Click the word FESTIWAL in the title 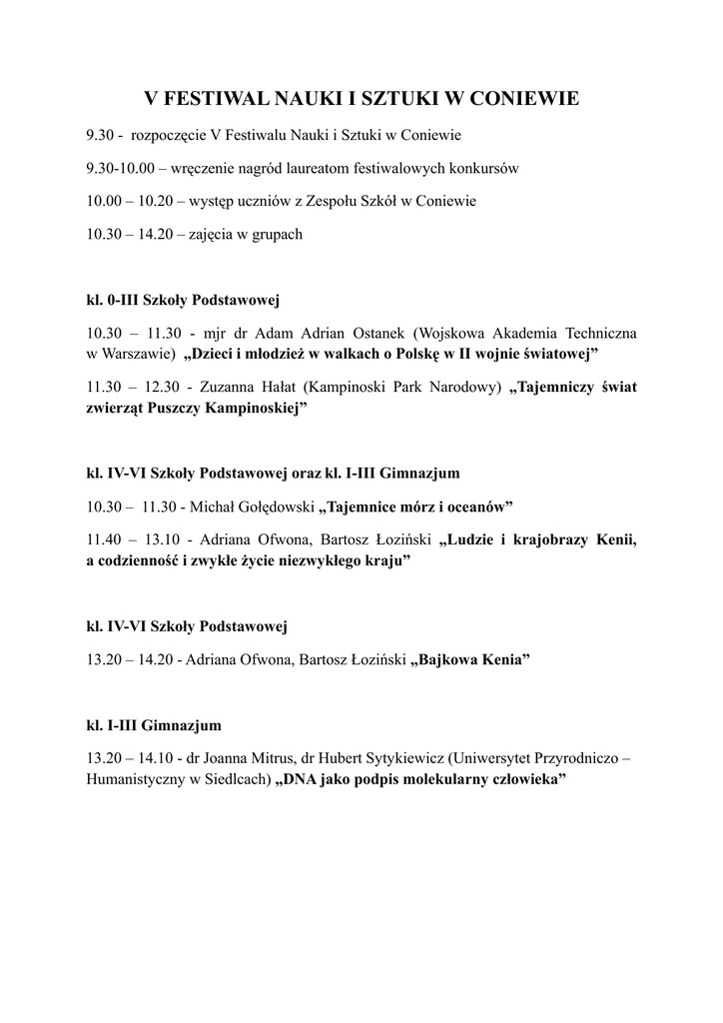[x=215, y=99]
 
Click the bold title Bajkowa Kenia [x=469, y=661]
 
